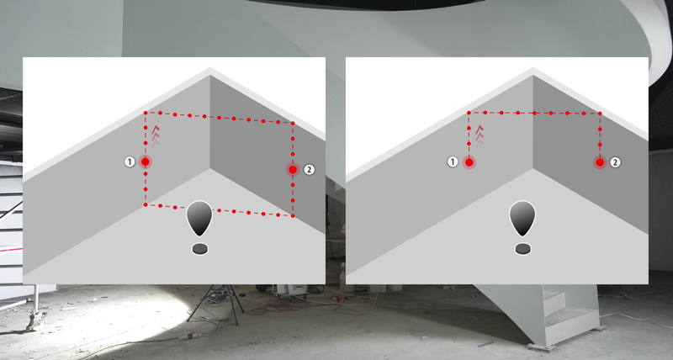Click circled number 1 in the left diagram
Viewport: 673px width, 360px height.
tap(130, 161)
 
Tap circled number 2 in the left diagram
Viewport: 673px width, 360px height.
tap(309, 170)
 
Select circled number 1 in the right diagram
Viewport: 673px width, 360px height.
tap(453, 161)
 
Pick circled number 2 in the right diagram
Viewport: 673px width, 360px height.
tap(616, 162)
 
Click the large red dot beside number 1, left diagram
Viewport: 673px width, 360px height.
tap(146, 161)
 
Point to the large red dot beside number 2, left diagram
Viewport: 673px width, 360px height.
tap(293, 170)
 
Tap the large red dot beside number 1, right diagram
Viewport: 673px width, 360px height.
tap(469, 162)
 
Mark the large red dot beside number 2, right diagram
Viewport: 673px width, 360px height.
tap(600, 162)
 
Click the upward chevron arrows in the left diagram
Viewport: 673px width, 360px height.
tap(156, 135)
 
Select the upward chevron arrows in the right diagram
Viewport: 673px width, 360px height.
tap(480, 135)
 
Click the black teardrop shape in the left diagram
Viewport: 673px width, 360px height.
tap(199, 218)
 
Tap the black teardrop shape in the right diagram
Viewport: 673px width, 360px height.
tap(522, 218)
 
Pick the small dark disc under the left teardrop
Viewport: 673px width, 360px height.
tap(200, 249)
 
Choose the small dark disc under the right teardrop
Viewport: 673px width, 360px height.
tap(522, 249)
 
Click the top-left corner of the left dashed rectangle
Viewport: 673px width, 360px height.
tap(146, 113)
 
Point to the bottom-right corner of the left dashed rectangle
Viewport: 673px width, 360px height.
tap(293, 216)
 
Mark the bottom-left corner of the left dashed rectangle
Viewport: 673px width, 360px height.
tap(146, 204)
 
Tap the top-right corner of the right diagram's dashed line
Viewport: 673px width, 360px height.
tap(600, 114)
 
